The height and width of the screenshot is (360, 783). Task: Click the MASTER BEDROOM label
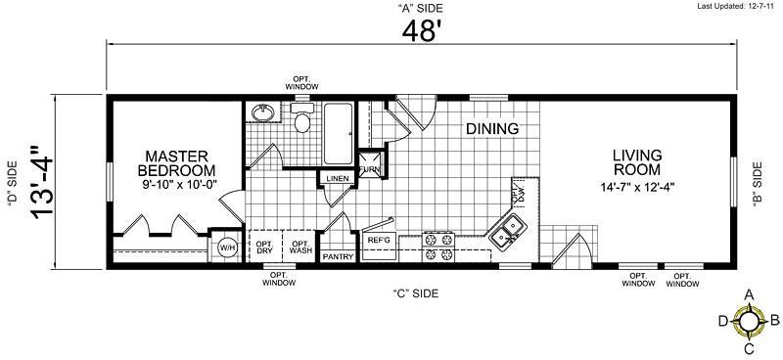click(x=173, y=162)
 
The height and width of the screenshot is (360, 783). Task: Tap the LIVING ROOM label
click(x=637, y=162)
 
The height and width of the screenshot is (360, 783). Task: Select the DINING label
click(x=491, y=128)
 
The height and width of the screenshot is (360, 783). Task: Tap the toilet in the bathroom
click(x=302, y=122)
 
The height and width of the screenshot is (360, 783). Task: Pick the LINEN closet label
click(x=337, y=179)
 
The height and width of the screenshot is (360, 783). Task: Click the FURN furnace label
click(x=370, y=169)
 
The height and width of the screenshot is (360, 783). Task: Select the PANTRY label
click(x=338, y=256)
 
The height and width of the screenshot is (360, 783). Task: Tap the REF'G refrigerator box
click(x=379, y=240)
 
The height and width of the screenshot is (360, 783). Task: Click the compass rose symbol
click(x=749, y=319)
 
